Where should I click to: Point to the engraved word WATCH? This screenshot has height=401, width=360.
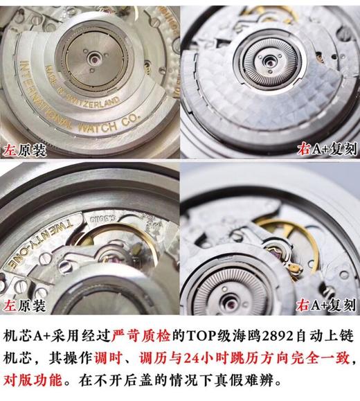coord(111,127)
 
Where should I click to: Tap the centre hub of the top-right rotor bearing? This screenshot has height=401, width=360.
coord(269,58)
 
